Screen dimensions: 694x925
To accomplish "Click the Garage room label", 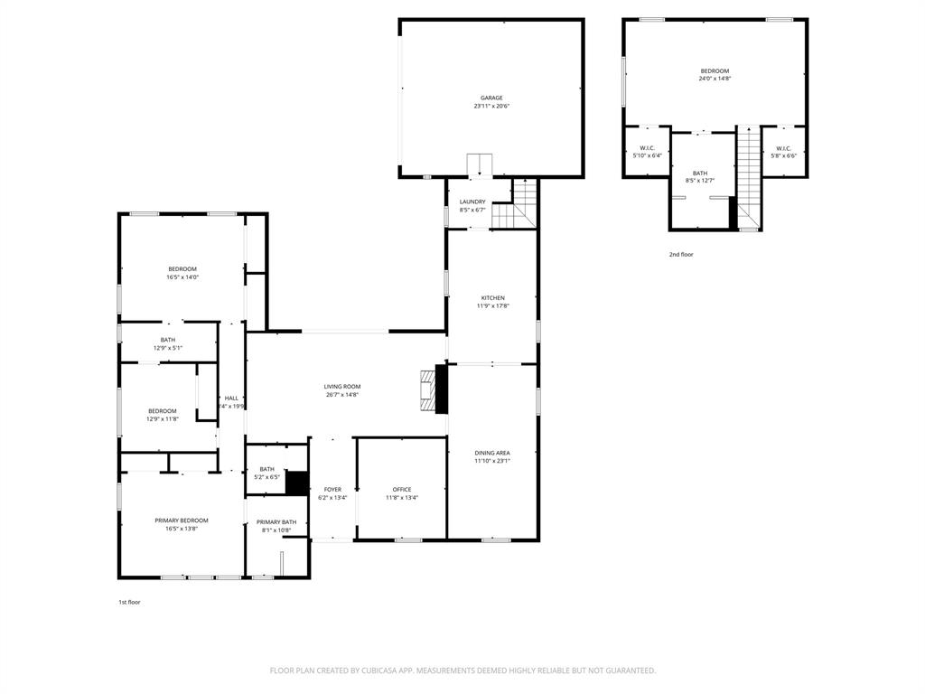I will pos(491,98).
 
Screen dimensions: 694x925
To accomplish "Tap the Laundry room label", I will pos(472,202).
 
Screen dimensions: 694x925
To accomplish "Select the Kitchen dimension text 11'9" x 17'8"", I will pos(492,306).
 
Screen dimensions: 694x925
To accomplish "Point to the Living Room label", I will pos(342,387).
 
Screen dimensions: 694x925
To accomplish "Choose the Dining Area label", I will pos(492,453).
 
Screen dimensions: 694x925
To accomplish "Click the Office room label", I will pos(402,490).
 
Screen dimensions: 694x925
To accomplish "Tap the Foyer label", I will pos(332,490).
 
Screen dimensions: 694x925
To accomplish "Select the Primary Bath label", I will pos(276,522).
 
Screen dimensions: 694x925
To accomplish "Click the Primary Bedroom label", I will pos(182,520).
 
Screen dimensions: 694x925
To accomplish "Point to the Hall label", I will pos(231,399).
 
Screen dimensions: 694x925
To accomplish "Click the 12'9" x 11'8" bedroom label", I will pos(163,411).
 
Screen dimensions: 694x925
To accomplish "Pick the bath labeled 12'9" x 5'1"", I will pos(168,340).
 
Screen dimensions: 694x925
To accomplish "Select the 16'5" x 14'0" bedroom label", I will pos(182,269).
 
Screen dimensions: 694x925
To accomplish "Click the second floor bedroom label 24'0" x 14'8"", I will pos(715,71).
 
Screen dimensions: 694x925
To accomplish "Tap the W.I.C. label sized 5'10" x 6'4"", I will pos(647,148).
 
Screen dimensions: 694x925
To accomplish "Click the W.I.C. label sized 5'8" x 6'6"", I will pos(783,148).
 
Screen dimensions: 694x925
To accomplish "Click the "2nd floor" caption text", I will pos(681,255).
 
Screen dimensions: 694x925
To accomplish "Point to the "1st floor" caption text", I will pos(129,602).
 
